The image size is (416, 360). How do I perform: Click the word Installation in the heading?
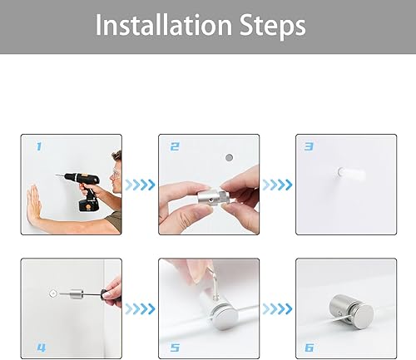point(164,25)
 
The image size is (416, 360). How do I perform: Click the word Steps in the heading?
point(272,26)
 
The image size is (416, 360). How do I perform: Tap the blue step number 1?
point(39,146)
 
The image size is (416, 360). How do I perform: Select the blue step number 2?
point(175,146)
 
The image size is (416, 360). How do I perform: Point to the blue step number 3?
point(309,146)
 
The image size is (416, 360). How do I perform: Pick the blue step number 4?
point(42,348)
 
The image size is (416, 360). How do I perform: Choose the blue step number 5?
point(175,348)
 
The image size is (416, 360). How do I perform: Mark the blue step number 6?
point(309,348)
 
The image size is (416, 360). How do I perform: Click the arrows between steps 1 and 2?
point(140,185)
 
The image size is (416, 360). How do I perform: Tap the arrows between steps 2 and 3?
point(277,185)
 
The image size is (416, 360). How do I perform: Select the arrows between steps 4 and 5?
point(140,309)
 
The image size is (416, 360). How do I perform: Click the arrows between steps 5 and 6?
point(277,309)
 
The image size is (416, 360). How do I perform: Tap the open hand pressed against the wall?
point(34,203)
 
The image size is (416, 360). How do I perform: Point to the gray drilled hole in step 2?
point(229,158)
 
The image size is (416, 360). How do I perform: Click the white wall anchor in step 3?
point(351,174)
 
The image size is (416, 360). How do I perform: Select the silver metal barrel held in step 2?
point(214,198)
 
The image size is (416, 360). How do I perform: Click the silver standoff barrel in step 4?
point(77,294)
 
